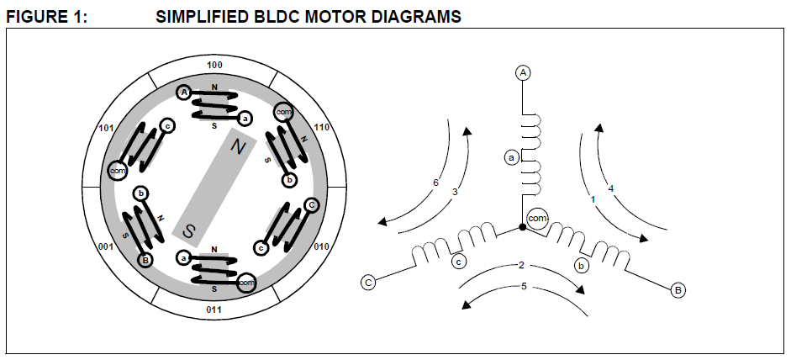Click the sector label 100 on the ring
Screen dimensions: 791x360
click(x=214, y=66)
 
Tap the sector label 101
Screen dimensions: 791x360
click(x=106, y=128)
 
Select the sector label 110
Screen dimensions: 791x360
click(x=321, y=127)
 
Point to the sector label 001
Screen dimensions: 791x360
click(x=106, y=247)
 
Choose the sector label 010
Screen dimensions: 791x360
click(x=321, y=247)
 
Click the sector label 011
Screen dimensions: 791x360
click(x=214, y=310)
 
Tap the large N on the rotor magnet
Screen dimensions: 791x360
click(x=238, y=146)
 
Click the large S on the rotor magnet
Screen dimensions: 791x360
click(x=188, y=231)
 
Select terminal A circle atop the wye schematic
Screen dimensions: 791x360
click(x=523, y=72)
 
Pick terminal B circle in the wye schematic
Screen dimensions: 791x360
click(x=678, y=290)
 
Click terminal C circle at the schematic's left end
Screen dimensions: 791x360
click(x=368, y=283)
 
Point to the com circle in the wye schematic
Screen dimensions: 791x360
click(x=537, y=219)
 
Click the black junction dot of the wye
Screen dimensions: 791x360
click(x=523, y=227)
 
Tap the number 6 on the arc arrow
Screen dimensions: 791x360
click(x=436, y=183)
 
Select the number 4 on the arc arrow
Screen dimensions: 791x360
click(x=611, y=189)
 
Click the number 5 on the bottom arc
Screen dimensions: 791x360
click(x=524, y=286)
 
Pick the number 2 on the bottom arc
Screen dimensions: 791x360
click(x=522, y=265)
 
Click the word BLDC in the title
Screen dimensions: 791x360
click(x=276, y=17)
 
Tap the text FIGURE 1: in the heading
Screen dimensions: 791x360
click(x=46, y=17)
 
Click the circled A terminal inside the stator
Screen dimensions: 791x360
click(x=185, y=93)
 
